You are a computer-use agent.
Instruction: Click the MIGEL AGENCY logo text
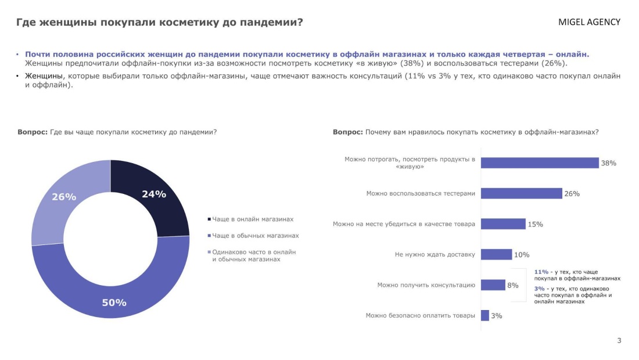pyautogui.click(x=589, y=22)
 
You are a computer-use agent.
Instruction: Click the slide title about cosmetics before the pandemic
pyautogui.click(x=159, y=23)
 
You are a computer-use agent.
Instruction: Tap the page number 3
pyautogui.click(x=619, y=340)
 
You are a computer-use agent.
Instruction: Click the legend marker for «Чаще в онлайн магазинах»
pyautogui.click(x=209, y=219)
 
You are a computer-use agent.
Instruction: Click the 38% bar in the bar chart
pyautogui.click(x=539, y=163)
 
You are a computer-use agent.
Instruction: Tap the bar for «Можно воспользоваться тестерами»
pyautogui.click(x=521, y=193)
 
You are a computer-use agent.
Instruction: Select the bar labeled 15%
pyautogui.click(x=503, y=224)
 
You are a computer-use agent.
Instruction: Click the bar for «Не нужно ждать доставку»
pyautogui.click(x=496, y=254)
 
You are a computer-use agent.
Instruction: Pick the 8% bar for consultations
pyautogui.click(x=493, y=285)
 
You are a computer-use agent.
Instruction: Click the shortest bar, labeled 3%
pyautogui.click(x=485, y=315)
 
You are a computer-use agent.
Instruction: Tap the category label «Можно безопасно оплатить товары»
pyautogui.click(x=420, y=315)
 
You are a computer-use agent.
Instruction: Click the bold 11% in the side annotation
pyautogui.click(x=541, y=272)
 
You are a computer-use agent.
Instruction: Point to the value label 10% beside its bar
pyautogui.click(x=522, y=254)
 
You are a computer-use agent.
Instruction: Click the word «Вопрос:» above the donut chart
pyautogui.click(x=33, y=132)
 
